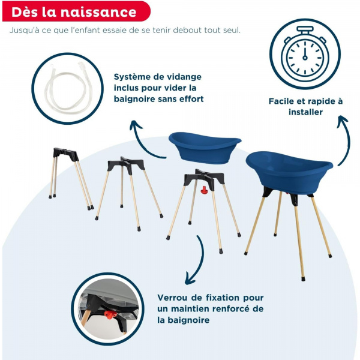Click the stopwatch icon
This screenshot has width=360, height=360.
[x=304, y=54]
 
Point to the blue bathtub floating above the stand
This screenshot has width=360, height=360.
[x=205, y=147]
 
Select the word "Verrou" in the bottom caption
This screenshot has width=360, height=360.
[x=173, y=298]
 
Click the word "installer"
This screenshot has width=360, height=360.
[x=306, y=112]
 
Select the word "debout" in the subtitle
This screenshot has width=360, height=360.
[x=170, y=30]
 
